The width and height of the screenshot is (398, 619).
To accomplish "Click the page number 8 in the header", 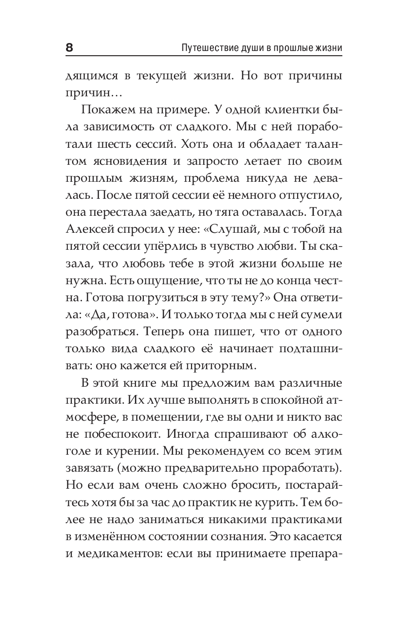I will click(x=69, y=48).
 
